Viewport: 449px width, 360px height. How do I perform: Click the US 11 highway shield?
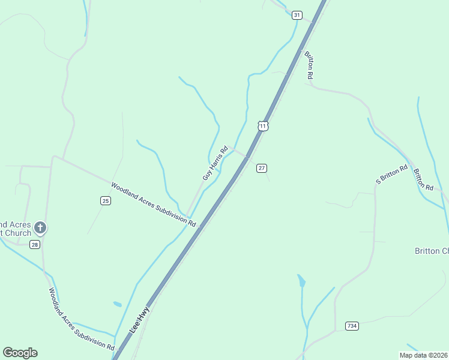[x=263, y=125]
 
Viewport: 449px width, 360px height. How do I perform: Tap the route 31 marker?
[x=297, y=14]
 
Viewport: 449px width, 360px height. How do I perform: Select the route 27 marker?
[x=261, y=168]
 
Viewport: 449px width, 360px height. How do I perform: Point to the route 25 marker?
[x=106, y=200]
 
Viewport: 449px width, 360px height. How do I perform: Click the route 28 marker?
[x=35, y=244]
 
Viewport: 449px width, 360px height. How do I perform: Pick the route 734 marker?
[x=352, y=326]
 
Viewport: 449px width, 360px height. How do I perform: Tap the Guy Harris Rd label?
[x=215, y=163]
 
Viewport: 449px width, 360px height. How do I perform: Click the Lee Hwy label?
[x=139, y=320]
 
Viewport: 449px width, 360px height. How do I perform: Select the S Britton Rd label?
[x=391, y=174]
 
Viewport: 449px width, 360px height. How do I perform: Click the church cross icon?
[x=40, y=227]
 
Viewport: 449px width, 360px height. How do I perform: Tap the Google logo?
[x=20, y=353]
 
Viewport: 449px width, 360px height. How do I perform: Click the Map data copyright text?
[x=423, y=355]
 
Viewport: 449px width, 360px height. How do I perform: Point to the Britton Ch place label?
[x=431, y=251]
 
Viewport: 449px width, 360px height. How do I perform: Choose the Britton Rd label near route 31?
[x=309, y=65]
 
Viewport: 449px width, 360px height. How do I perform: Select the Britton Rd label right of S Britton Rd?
[x=423, y=179]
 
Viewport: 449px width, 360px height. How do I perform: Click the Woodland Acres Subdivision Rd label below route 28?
[x=81, y=319]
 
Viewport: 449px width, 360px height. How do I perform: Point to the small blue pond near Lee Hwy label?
[x=117, y=304]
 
